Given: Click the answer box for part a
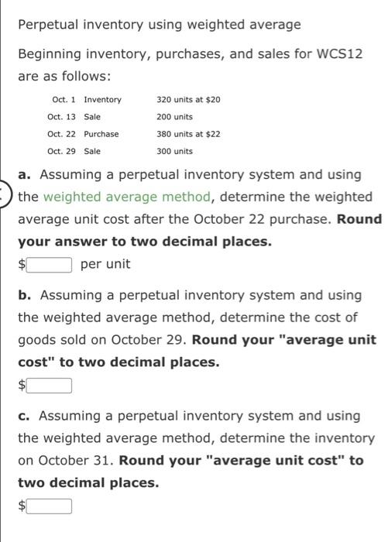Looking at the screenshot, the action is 50,265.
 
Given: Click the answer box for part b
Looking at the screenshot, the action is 50,385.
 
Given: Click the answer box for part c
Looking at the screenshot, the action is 50,506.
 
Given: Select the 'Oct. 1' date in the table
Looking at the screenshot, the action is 61,100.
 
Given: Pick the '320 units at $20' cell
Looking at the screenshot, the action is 188,100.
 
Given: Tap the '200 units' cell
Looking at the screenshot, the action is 174,117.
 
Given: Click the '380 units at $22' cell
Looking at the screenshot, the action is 188,134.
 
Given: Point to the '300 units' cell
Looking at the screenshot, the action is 174,151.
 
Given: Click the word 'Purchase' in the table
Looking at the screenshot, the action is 101,134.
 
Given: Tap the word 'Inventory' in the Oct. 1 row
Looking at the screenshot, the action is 102,100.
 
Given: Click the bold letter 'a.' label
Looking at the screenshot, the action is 25,175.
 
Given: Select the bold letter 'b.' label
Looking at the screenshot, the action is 25,295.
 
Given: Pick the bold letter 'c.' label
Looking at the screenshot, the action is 25,416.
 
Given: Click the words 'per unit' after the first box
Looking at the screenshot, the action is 105,265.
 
